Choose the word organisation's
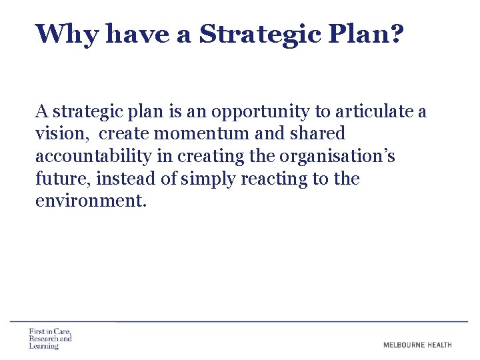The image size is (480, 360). coord(337,157)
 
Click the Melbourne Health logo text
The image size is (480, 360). coord(417,345)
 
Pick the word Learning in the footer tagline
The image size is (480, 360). coord(44,347)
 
